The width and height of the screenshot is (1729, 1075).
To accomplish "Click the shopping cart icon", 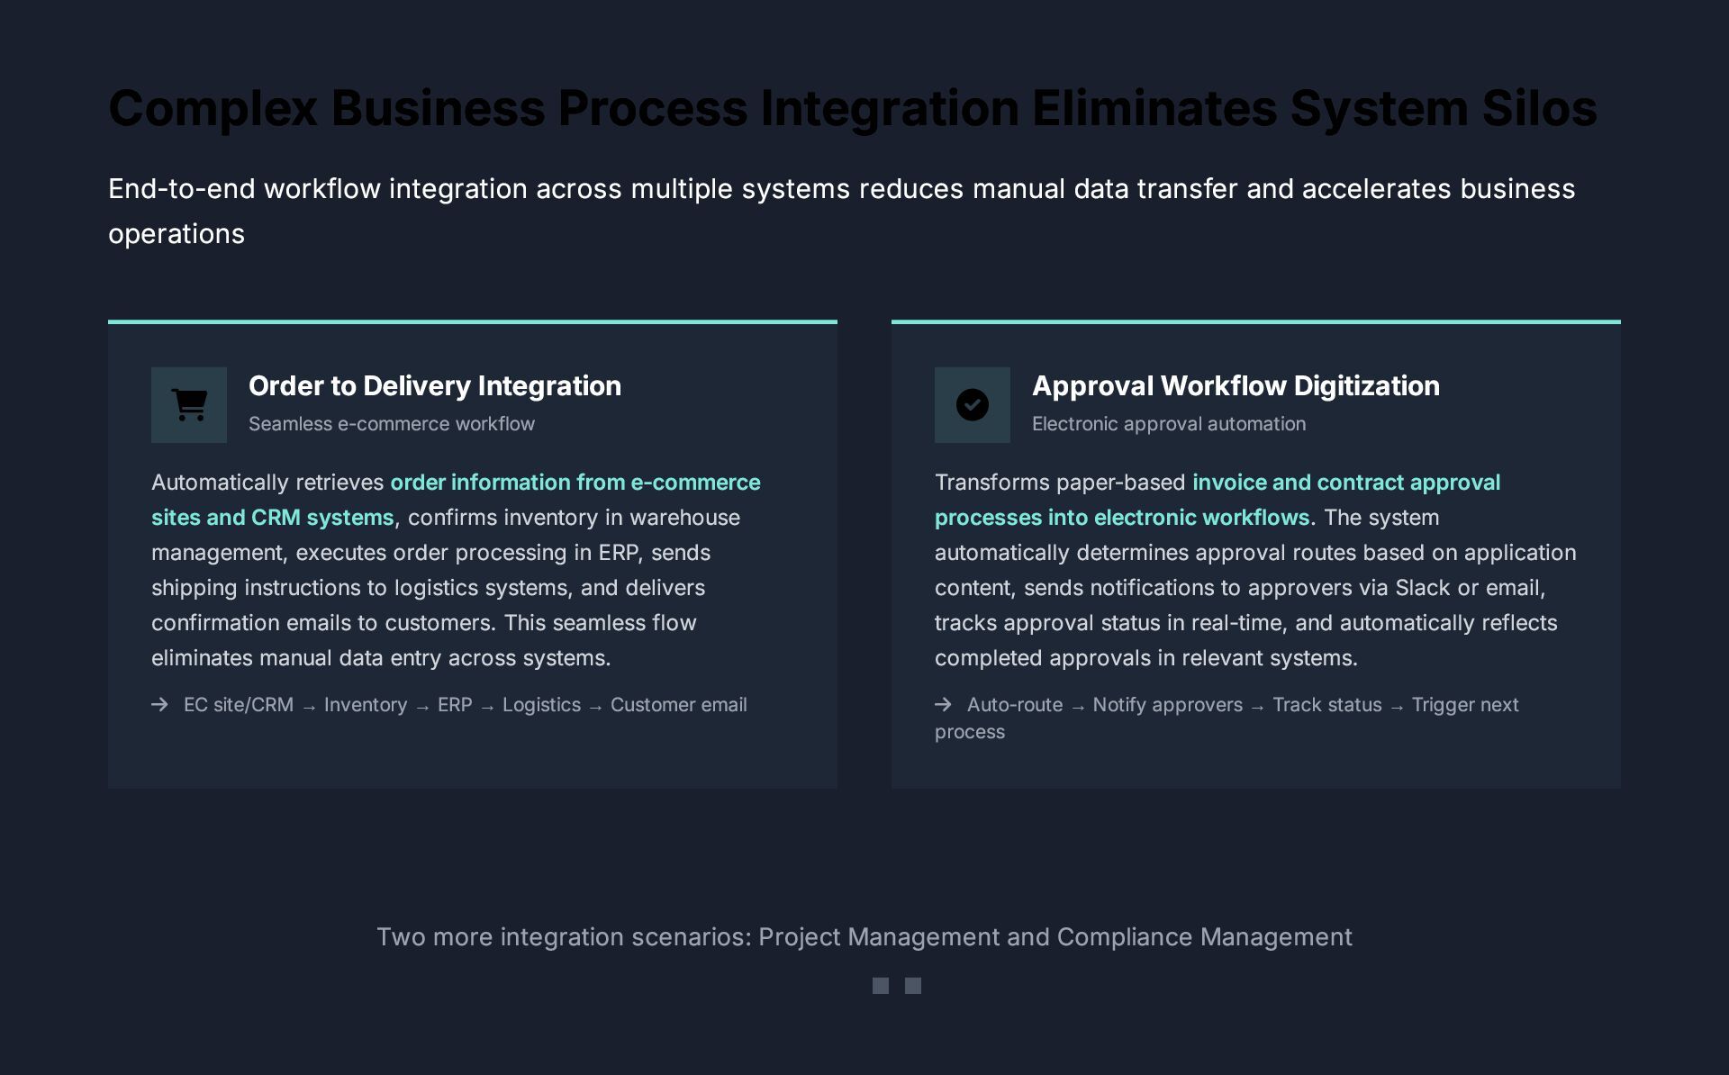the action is point(189,405).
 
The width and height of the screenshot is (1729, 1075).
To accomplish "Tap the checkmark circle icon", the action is point(973,405).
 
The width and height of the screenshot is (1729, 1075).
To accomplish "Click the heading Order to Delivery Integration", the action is point(434,386).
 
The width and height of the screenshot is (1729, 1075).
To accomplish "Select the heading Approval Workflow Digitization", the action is point(1236,386).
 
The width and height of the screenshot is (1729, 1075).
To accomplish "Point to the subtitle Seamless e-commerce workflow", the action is point(391,424).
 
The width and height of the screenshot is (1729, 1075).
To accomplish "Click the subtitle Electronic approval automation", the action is point(1168,424).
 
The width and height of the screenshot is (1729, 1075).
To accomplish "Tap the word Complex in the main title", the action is point(213,109).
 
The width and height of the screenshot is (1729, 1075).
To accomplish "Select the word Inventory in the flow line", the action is point(365,705).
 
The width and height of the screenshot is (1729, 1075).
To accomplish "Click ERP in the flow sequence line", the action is point(455,705).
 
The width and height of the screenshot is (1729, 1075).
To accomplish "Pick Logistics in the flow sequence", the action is point(541,705).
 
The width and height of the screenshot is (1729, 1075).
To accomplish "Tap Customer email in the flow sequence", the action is point(678,705).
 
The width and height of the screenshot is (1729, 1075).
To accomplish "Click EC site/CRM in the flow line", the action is point(239,705).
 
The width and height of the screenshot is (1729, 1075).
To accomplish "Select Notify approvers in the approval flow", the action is point(1167,705).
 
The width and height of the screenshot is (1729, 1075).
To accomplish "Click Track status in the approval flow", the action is point(1326,705).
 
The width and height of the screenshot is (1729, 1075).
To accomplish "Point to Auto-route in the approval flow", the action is point(1014,705).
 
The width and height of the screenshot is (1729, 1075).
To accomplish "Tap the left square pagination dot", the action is point(881,986).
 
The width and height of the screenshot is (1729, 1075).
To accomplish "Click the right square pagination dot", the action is point(913,986).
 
